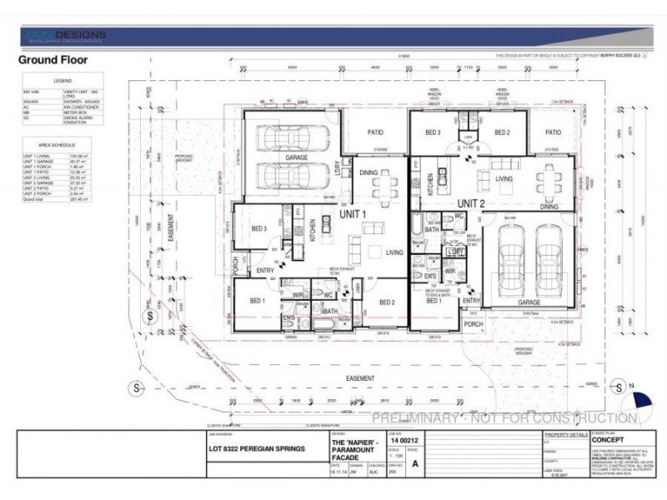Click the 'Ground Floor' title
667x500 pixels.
click(53, 60)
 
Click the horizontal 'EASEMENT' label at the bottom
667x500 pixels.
click(360, 377)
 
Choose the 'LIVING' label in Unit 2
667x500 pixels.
click(504, 177)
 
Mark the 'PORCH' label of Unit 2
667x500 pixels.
click(474, 325)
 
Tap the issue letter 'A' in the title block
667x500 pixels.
click(414, 468)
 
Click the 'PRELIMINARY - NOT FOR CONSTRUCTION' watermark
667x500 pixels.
click(504, 417)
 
